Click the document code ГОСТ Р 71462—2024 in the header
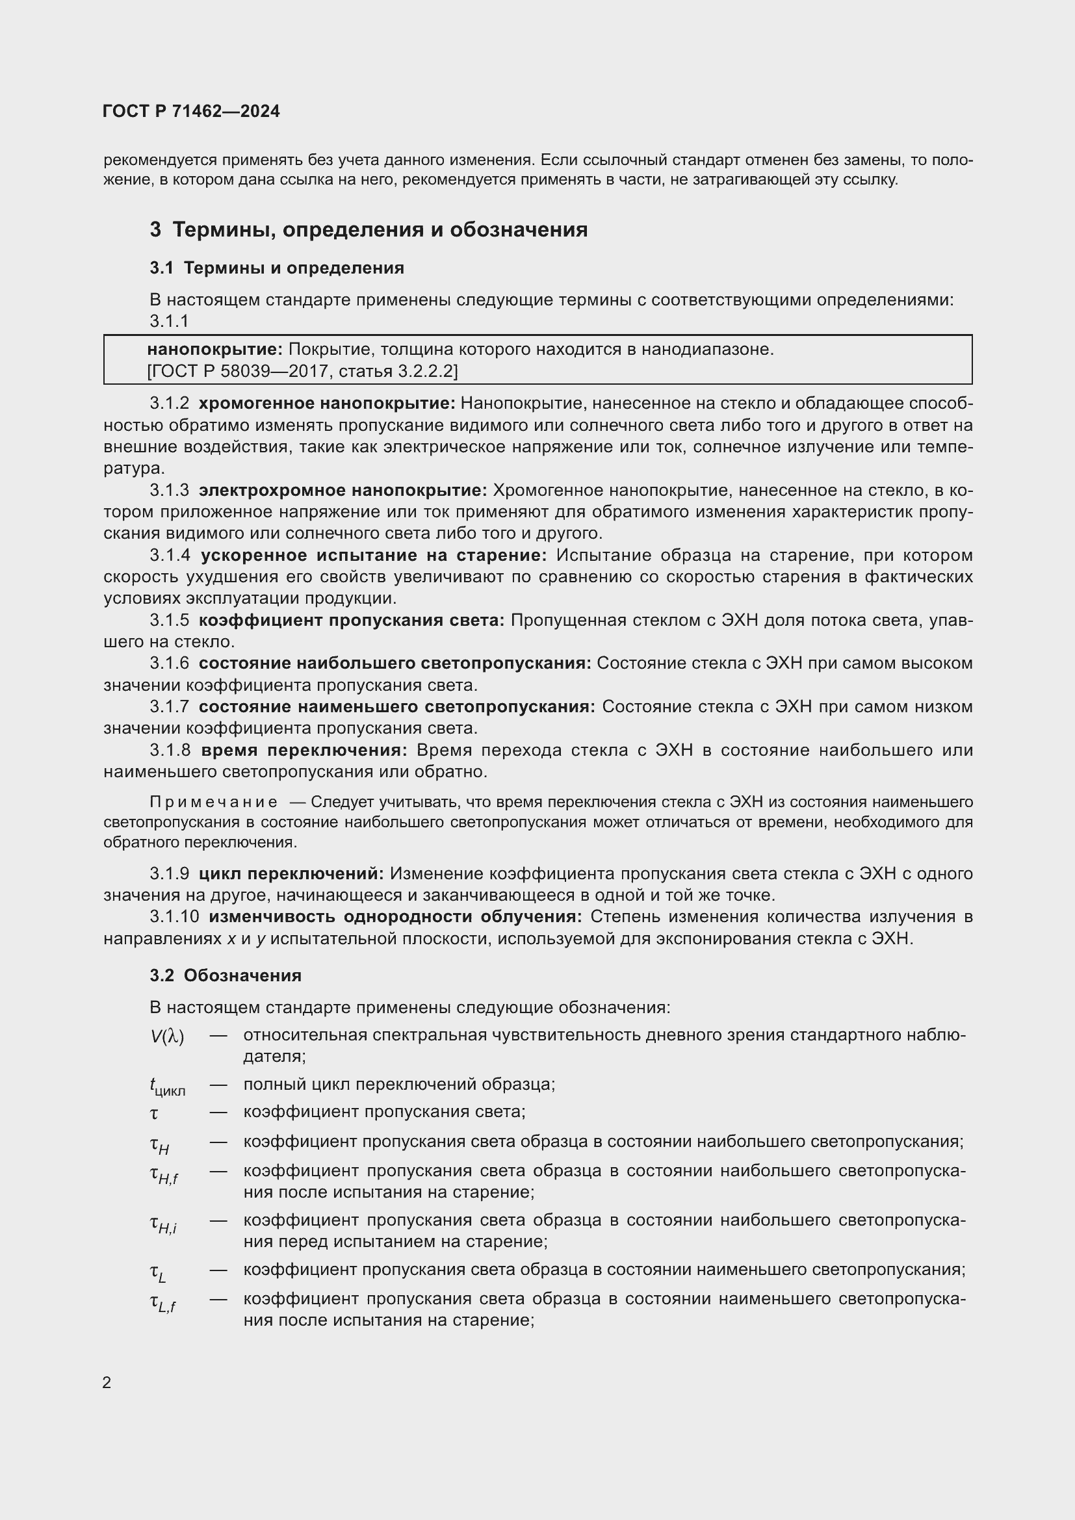191,111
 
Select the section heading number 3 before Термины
155,229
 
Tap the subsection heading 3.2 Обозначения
225,975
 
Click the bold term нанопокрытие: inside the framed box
214,350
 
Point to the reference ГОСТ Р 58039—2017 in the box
237,370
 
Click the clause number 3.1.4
170,556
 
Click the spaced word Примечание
213,803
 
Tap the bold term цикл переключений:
291,874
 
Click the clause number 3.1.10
174,917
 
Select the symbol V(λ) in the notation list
167,1037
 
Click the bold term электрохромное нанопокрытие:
343,491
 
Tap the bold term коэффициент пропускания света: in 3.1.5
352,621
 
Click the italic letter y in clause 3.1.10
260,940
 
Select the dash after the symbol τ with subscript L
218,1270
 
